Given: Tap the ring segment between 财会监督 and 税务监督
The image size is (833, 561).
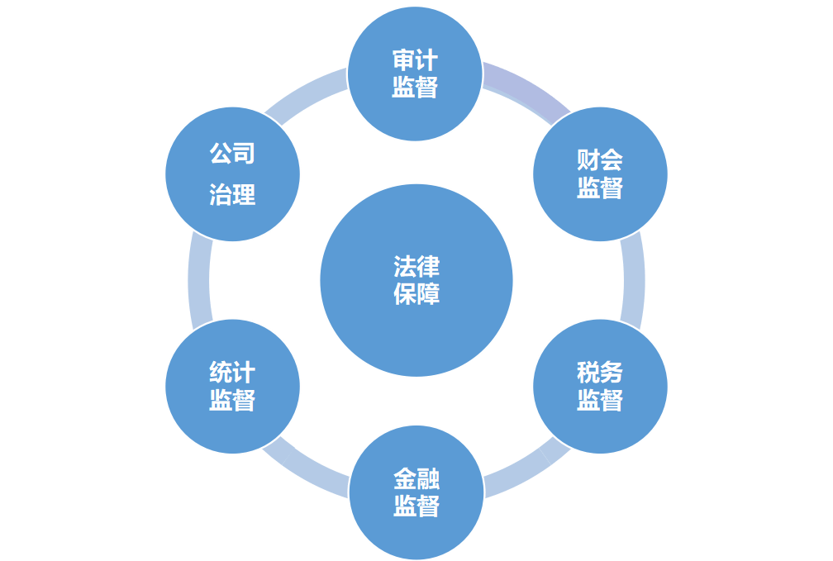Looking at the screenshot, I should [633, 280].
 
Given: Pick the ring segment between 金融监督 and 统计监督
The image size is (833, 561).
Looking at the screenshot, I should [308, 471].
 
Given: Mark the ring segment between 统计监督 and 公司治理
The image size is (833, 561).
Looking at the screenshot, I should [198, 280].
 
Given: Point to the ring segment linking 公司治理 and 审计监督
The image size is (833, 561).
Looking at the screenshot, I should [308, 88].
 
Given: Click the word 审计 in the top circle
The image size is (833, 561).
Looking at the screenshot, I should [415, 60].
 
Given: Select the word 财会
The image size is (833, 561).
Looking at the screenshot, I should [600, 160].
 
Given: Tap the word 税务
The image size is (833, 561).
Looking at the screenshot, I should [600, 372].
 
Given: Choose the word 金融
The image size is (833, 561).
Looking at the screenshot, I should [416, 478].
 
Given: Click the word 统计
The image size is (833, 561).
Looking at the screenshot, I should [232, 372].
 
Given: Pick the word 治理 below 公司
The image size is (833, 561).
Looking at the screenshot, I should [232, 195].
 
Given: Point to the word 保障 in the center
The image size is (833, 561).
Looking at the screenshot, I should [416, 294].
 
